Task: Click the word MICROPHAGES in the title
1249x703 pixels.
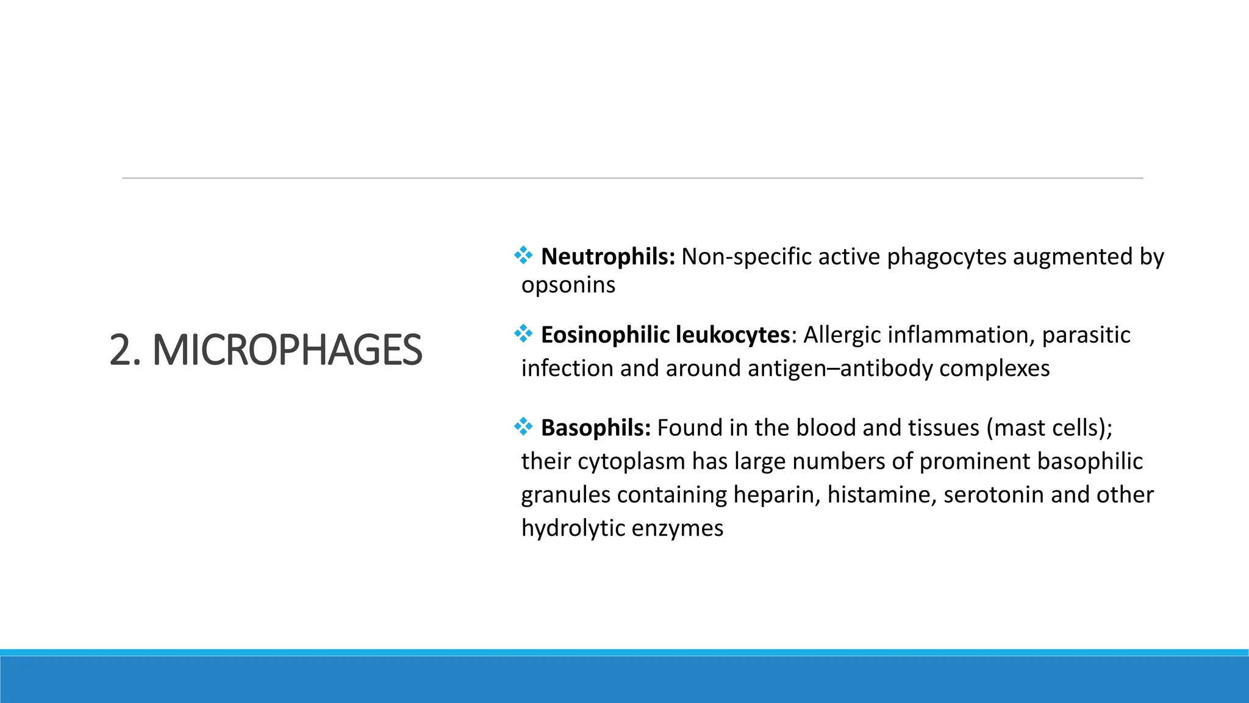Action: click(x=287, y=350)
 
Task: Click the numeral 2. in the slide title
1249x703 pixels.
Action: click(x=125, y=350)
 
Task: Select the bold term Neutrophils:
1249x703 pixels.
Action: click(x=607, y=257)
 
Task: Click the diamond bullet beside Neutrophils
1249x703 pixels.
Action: click(x=523, y=255)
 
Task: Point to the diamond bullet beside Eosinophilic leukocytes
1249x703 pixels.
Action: click(x=523, y=333)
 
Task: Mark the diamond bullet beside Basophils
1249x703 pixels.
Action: click(x=523, y=426)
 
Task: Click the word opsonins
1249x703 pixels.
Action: click(x=568, y=285)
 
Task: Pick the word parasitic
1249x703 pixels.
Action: click(x=1086, y=335)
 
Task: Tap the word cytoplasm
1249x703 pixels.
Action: click(x=631, y=462)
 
